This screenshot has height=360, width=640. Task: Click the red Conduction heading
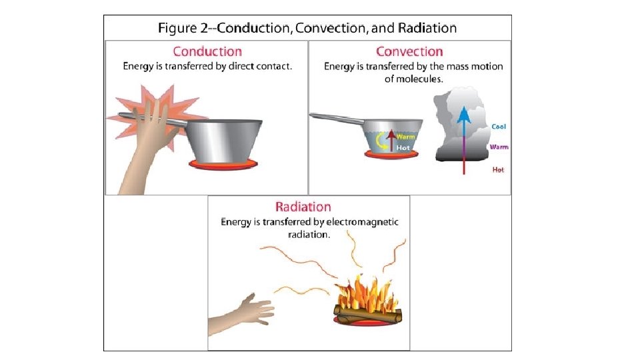(207, 51)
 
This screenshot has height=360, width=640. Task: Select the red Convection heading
(409, 51)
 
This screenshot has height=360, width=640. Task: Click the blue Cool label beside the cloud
(497, 126)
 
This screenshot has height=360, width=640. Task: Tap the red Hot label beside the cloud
(498, 170)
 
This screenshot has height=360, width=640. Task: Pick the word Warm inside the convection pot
(406, 137)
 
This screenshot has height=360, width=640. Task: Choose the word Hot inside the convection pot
(403, 148)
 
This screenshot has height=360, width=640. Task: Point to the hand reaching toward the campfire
(250, 309)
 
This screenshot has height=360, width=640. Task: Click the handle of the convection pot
(337, 119)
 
